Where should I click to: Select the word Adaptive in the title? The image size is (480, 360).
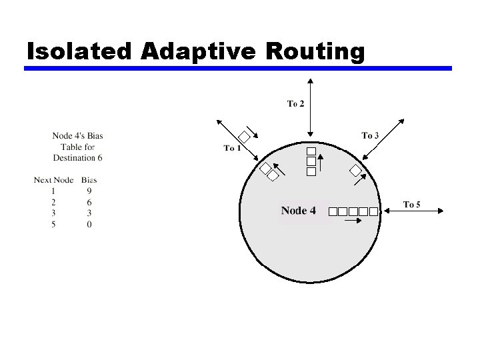click(193, 51)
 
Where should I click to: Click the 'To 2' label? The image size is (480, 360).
click(295, 103)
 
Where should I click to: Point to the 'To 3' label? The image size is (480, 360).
click(370, 135)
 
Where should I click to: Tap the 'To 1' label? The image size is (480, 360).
click(232, 148)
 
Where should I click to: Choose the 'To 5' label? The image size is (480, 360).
click(411, 205)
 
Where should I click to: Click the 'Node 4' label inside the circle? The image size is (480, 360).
click(298, 211)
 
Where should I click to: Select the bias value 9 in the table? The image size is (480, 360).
click(89, 191)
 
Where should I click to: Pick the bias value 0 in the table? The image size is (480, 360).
click(89, 225)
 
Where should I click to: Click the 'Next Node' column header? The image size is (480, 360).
click(53, 180)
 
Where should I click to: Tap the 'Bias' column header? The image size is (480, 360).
click(89, 180)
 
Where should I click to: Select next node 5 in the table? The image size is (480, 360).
click(53, 225)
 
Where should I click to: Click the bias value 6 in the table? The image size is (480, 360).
click(89, 202)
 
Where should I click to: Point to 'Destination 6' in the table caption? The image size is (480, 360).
click(77, 158)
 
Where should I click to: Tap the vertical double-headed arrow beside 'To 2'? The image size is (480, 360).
click(311, 107)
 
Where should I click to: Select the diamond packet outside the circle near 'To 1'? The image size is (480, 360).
click(245, 138)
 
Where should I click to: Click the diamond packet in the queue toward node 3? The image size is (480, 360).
click(357, 171)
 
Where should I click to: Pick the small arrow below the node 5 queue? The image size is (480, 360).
click(352, 220)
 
